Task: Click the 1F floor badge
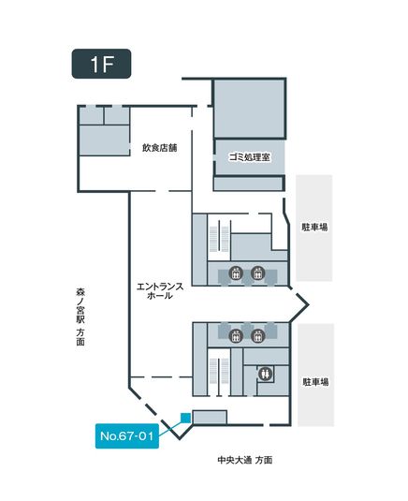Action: (x=101, y=64)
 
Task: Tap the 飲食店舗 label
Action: (x=159, y=148)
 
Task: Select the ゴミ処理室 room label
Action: (x=249, y=157)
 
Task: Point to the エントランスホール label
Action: (x=160, y=290)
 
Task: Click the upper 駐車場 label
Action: (x=314, y=228)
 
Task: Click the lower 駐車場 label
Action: (x=315, y=382)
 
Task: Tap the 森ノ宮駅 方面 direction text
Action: (x=80, y=317)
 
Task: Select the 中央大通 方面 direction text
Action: (x=245, y=460)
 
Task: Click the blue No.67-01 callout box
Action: (x=127, y=435)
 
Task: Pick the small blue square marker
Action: (x=186, y=418)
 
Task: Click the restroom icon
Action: (x=265, y=374)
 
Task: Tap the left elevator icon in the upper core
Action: (x=236, y=273)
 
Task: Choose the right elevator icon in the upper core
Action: (x=257, y=273)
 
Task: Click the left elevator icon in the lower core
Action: (x=236, y=336)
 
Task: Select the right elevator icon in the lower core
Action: (x=257, y=336)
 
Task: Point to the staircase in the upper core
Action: (x=219, y=239)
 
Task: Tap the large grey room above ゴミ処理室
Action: (x=249, y=109)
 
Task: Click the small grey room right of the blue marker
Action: (x=210, y=418)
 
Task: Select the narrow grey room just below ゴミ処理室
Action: (x=248, y=184)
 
